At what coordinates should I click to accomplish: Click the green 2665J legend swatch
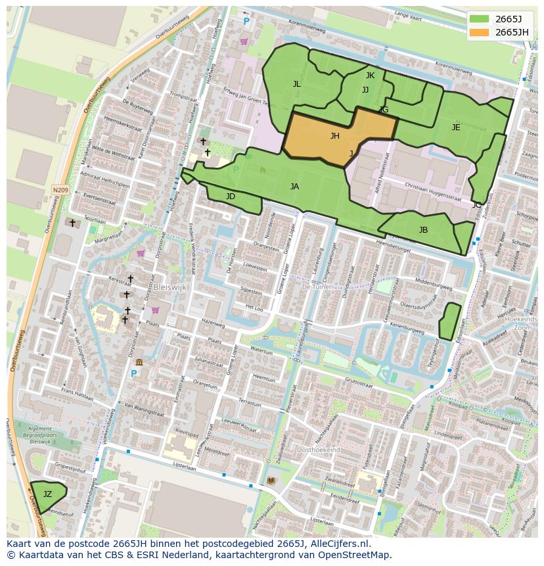[x=480, y=19]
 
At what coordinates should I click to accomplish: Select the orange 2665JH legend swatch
[x=480, y=32]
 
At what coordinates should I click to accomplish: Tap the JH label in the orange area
[x=334, y=136]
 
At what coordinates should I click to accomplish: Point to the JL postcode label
[x=297, y=84]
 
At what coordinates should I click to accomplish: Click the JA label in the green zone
[x=294, y=187]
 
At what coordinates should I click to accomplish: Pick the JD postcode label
[x=231, y=197]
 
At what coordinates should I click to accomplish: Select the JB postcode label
[x=423, y=230]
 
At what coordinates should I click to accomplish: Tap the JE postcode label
[x=456, y=128]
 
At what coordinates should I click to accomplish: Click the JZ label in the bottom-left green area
[x=47, y=494]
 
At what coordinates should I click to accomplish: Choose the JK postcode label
[x=370, y=76]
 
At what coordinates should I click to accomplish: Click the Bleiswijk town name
[x=172, y=287]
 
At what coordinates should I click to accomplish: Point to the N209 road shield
[x=60, y=190]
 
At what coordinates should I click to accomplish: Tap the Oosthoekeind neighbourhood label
[x=319, y=450]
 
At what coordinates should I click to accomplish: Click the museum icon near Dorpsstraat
[x=139, y=362]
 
